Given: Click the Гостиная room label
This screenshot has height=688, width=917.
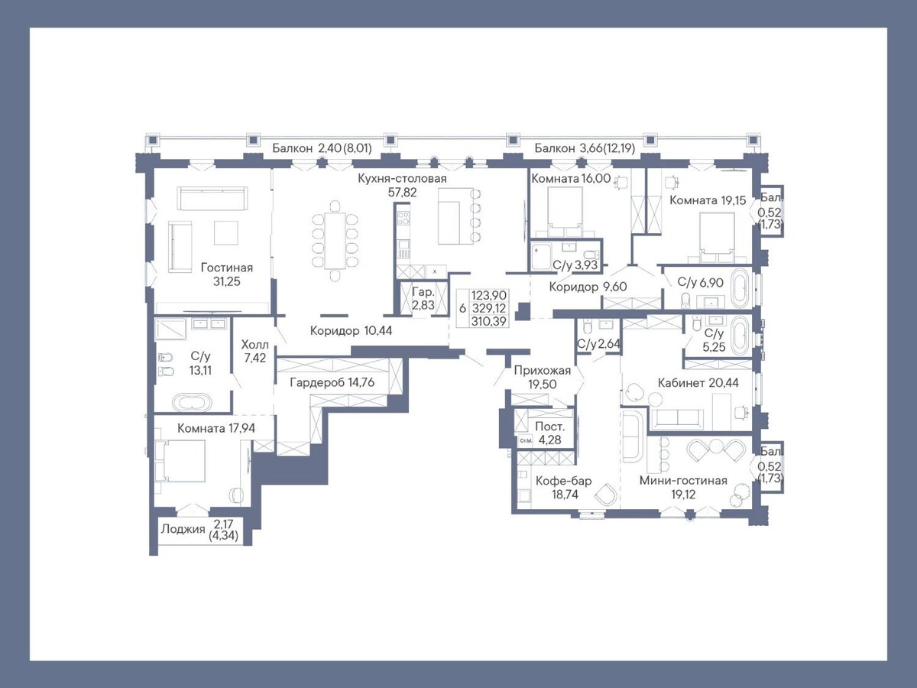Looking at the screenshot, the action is click(227, 268).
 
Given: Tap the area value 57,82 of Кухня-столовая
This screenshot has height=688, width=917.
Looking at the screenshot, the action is click(402, 192).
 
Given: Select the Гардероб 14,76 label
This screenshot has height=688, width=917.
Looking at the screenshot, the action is click(332, 382).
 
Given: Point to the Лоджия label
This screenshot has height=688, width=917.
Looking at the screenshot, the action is click(183, 529).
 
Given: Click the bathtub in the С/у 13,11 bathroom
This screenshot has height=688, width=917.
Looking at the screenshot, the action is click(192, 403).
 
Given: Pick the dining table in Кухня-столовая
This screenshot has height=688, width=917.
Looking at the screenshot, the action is click(335, 241).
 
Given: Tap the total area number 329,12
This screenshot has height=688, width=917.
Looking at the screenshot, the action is click(489, 308).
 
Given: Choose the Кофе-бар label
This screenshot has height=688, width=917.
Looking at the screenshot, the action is click(563, 481).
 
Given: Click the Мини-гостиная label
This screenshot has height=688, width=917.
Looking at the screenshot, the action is click(683, 480).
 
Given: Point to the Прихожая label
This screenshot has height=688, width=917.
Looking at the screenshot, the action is click(543, 371).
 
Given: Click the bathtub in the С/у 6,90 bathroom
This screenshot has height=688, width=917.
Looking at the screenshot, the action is click(740, 288).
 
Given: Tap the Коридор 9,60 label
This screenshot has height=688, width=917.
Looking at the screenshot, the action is click(588, 287).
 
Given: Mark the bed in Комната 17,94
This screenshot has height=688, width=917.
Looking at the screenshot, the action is click(180, 461).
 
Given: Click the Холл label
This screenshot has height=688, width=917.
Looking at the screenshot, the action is click(254, 345).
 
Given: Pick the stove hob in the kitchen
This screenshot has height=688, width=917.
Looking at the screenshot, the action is click(403, 218).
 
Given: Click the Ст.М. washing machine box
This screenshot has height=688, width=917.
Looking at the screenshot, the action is click(525, 440).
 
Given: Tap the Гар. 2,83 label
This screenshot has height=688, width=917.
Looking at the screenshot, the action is click(423, 299).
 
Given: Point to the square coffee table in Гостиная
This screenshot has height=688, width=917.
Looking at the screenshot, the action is click(226, 232).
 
